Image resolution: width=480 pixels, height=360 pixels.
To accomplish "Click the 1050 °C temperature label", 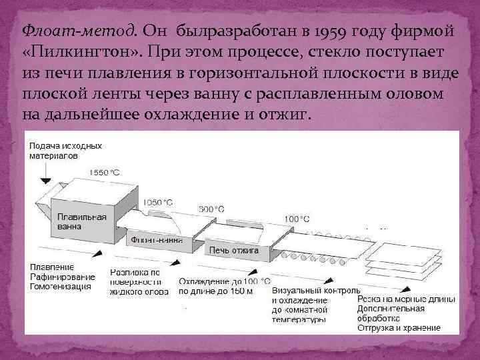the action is [x=158, y=202].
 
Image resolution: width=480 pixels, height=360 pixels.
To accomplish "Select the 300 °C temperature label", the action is [x=212, y=209].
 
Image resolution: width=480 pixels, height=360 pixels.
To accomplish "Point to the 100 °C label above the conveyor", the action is [x=296, y=219].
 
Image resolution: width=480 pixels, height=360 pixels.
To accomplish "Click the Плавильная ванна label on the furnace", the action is [x=81, y=221].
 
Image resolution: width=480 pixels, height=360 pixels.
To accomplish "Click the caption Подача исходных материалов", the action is [x=65, y=149].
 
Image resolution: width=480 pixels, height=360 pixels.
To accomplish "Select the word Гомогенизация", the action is [x=60, y=287].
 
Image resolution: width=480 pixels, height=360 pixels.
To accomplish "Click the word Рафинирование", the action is [x=62, y=277].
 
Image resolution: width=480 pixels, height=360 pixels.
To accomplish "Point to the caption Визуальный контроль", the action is [x=316, y=291].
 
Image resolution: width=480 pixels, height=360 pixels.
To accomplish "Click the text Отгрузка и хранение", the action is [x=399, y=328].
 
